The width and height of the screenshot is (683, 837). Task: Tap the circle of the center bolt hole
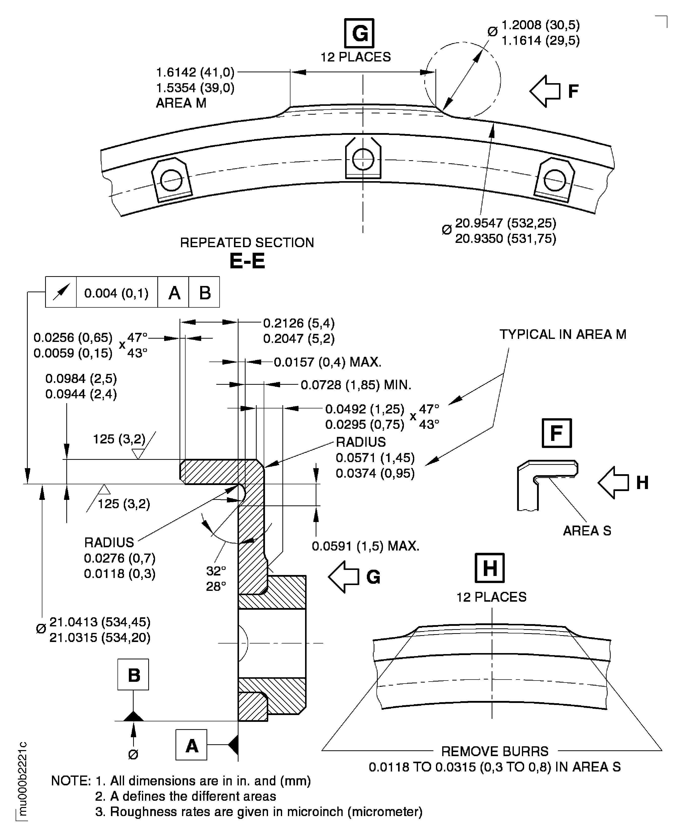(x=363, y=159)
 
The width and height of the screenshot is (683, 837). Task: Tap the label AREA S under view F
(x=587, y=531)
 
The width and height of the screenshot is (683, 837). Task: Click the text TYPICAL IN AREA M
(x=562, y=334)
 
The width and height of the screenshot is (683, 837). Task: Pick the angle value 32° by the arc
(x=216, y=570)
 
